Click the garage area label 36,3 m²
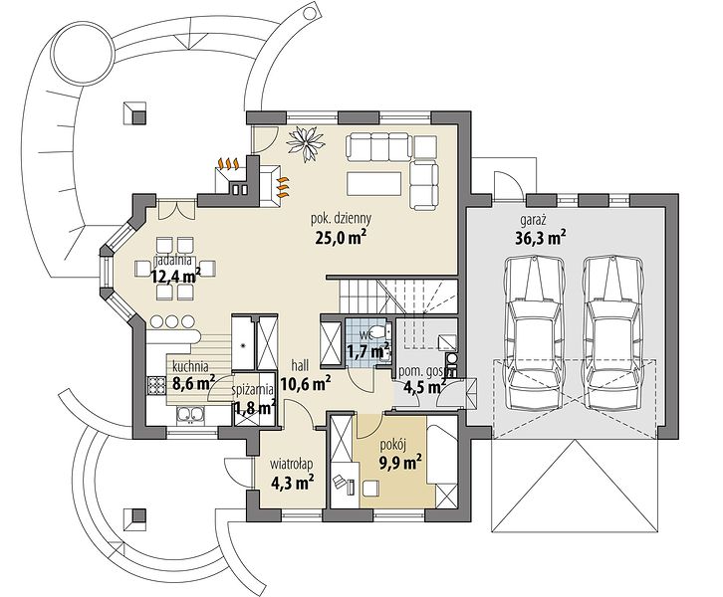[540, 238]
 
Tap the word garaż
[533, 220]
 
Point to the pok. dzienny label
[341, 218]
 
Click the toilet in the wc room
[380, 330]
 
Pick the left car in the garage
[534, 332]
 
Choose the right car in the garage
[611, 332]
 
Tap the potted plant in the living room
[306, 142]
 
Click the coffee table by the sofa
[373, 183]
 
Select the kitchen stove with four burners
[155, 385]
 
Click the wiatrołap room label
[293, 462]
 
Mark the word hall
[300, 366]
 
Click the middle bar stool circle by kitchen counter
[171, 321]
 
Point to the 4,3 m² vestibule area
[293, 483]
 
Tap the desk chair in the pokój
[339, 482]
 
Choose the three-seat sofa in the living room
[378, 146]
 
